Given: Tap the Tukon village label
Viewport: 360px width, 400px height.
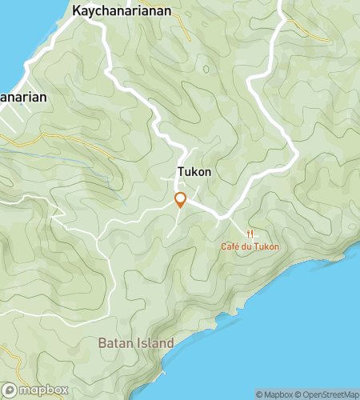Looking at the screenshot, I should click(194, 171).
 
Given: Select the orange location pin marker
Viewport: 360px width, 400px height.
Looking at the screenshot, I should click(180, 200).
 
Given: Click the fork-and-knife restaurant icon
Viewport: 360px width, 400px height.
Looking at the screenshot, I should click(250, 234).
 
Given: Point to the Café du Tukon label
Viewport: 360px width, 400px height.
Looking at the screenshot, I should click(250, 246).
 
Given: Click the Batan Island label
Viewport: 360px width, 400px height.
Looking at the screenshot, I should click(136, 343).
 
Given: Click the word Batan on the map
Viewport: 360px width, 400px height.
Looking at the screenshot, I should click(114, 343).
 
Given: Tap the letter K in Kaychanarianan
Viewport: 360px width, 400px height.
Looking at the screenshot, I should click(77, 11).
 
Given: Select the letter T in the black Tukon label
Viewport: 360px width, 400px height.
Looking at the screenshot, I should click(179, 171).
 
